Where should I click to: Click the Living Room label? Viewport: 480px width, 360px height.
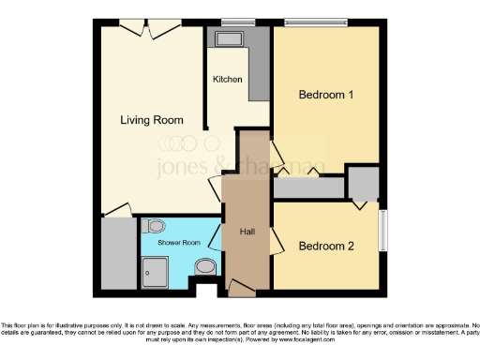(x=150, y=120)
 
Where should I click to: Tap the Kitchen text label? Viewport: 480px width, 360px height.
(x=227, y=80)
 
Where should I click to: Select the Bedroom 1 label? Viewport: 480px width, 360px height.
(x=325, y=95)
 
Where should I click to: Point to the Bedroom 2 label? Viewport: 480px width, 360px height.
(x=325, y=247)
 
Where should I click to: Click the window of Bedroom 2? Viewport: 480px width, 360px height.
(x=382, y=229)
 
